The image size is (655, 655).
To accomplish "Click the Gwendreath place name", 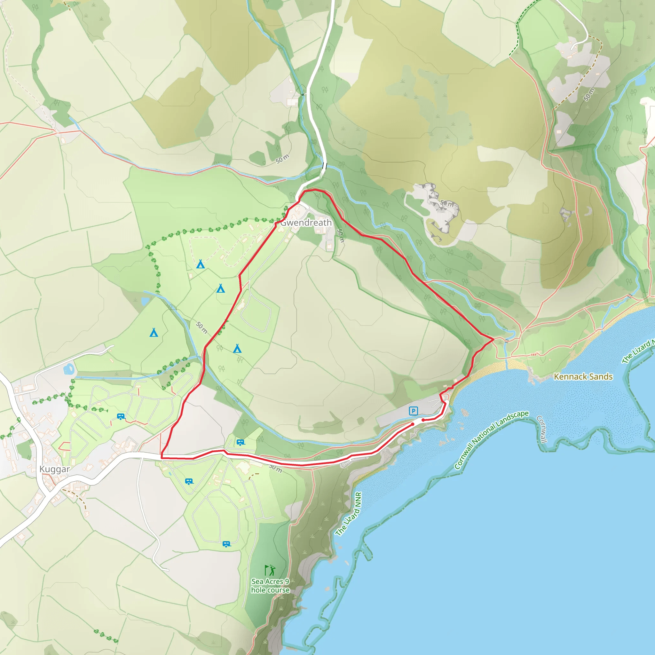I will coord(306,223).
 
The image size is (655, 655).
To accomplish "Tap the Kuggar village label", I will coord(55,469).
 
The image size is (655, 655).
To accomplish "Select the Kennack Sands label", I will coord(583,376).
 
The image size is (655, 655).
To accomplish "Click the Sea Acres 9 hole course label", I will coord(270,586).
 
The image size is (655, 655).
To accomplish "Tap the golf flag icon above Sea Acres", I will coord(270,570).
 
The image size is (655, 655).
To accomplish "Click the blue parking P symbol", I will coord(413,411).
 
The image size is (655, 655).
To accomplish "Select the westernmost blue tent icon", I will coord(154,333).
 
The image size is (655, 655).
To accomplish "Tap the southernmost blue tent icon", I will coord(237,349).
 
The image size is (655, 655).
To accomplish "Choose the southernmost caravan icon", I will coord(226,544).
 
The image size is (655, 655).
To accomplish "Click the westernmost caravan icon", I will coord(121,416).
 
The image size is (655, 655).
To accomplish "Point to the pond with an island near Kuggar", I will coord(69,369).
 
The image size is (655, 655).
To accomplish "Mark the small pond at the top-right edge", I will coord(640,80).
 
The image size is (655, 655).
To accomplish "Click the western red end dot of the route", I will coord(413,424).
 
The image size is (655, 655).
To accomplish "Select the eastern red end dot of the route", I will coord(423,420).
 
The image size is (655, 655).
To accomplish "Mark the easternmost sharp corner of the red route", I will coord(493,339).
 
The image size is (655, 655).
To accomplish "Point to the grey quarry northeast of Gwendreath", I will coord(434,207).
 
